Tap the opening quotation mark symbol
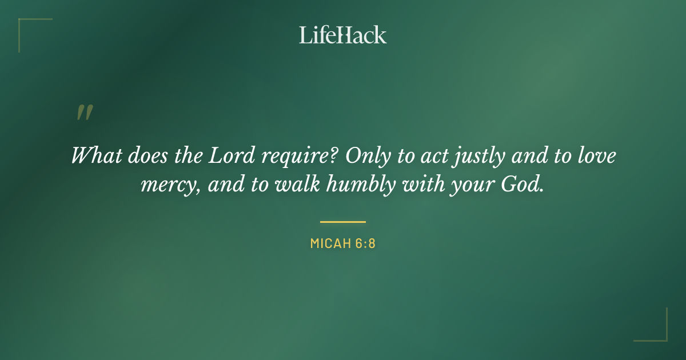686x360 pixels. click(x=84, y=113)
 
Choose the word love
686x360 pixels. click(x=597, y=155)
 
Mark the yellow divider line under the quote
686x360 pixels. click(x=342, y=222)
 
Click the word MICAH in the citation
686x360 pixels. click(x=329, y=243)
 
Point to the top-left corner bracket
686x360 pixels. click(x=26, y=26)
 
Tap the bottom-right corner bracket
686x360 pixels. click(x=660, y=334)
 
